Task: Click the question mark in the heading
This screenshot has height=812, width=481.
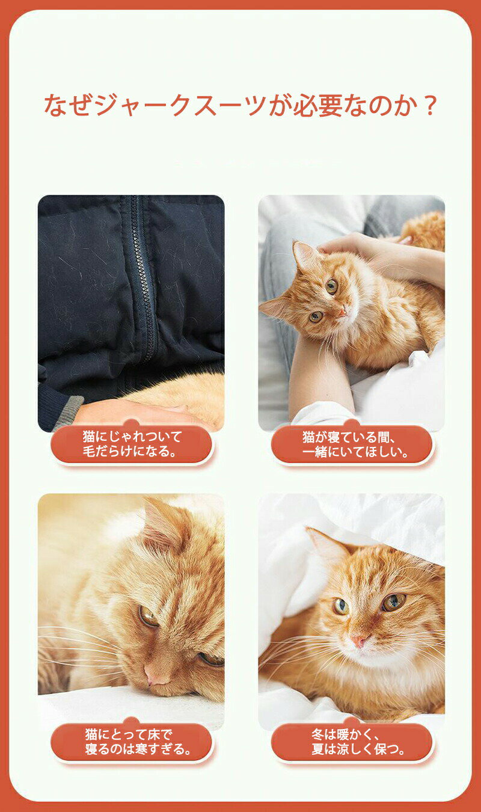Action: pos(430,105)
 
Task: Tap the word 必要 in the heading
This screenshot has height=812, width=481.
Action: pos(317,105)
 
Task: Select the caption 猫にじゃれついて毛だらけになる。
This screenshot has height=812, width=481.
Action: pos(131,444)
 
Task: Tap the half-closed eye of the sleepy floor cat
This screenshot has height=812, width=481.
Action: pos(149,616)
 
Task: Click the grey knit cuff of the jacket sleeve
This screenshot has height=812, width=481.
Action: pos(68,408)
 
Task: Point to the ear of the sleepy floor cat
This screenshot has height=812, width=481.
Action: pos(163,522)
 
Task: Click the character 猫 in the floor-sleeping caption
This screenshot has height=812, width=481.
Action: pos(91,734)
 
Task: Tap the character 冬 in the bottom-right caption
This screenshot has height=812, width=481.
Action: pos(317,735)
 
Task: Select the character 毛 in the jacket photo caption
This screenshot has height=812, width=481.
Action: pos(89,451)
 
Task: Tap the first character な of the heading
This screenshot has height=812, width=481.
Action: pos(55,105)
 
